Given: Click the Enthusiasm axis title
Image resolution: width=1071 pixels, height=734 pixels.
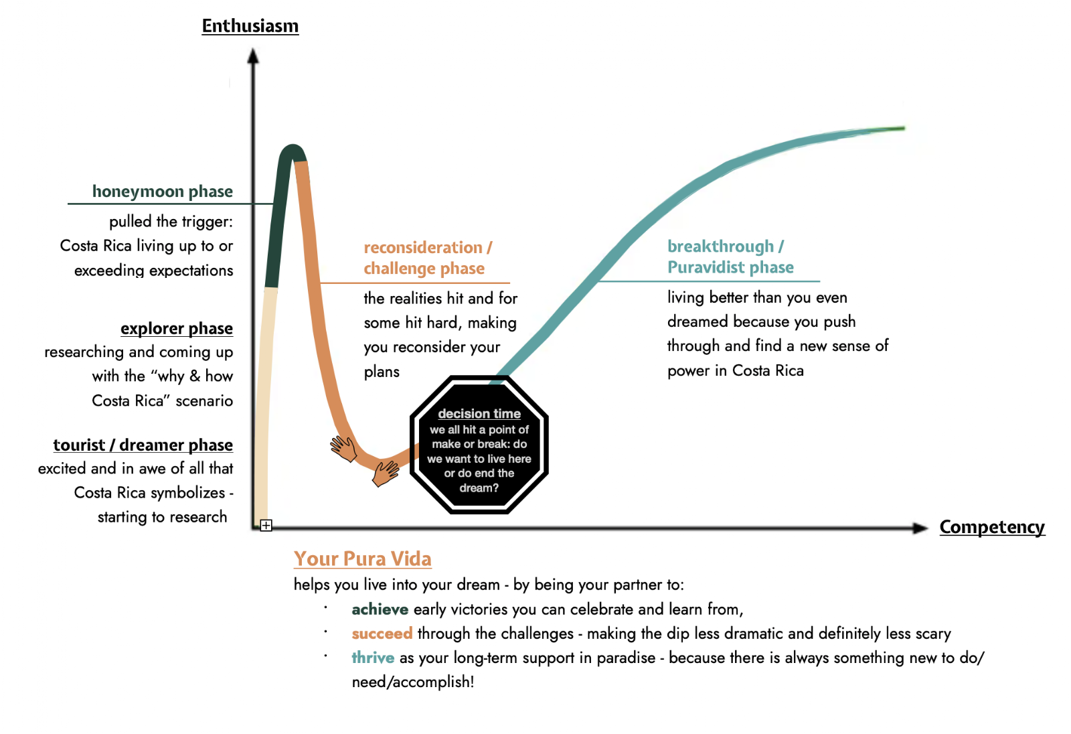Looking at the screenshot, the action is [250, 26].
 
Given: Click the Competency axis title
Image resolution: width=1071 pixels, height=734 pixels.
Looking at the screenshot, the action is [992, 527].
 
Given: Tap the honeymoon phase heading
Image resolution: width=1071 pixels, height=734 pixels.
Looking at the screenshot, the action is [163, 192].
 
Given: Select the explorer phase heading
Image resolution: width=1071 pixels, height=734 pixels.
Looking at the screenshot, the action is [177, 329].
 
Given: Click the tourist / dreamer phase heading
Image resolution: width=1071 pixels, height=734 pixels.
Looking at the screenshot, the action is [143, 445].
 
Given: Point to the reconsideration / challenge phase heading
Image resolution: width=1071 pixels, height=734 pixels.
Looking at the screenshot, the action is [428, 258].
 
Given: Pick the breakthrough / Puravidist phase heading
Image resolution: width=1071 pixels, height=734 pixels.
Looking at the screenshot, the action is [730, 257].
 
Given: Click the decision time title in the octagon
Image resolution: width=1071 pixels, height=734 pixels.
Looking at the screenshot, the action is [479, 413].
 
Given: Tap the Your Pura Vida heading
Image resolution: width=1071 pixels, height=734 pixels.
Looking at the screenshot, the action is [362, 559].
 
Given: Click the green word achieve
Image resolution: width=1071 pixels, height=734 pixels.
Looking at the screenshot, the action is [380, 609].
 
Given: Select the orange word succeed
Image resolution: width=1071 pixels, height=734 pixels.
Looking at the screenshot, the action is [382, 634].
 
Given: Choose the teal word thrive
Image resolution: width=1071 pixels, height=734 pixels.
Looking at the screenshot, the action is [373, 658].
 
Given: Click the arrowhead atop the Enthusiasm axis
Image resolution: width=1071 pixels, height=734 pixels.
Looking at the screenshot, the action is [253, 56].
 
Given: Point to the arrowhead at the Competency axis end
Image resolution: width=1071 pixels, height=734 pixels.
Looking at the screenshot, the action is [920, 528].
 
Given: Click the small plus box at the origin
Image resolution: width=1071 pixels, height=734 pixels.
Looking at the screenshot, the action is [266, 525].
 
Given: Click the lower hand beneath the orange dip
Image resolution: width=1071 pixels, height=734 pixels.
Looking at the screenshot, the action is [386, 473].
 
